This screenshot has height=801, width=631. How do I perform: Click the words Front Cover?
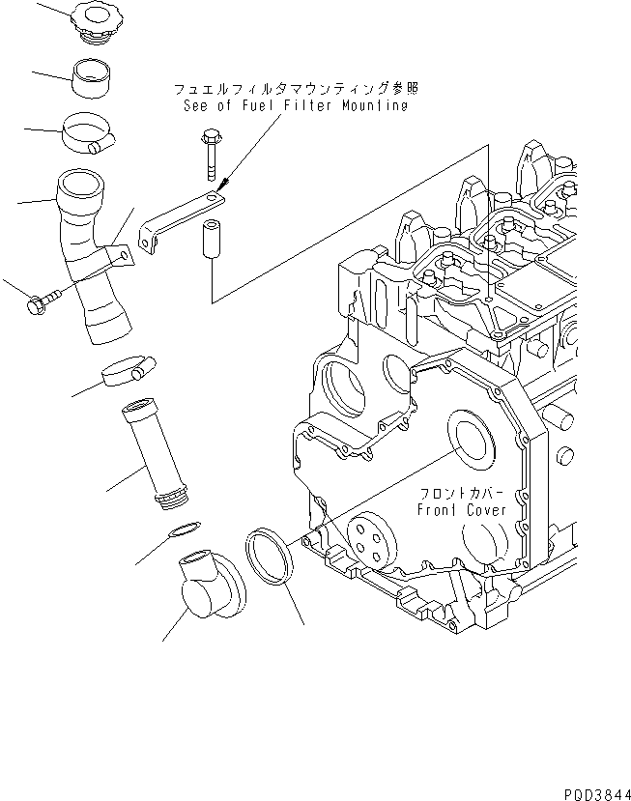[461, 509]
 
